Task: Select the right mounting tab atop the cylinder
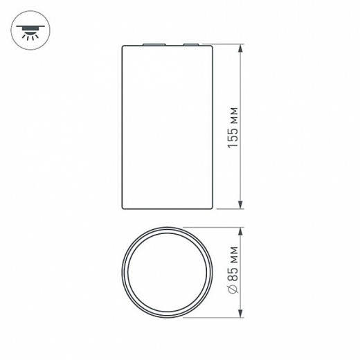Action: coord(189,45)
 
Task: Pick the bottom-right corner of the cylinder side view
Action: coord(212,207)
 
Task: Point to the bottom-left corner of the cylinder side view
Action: coord(123,207)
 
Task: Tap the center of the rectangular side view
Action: coord(168,127)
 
